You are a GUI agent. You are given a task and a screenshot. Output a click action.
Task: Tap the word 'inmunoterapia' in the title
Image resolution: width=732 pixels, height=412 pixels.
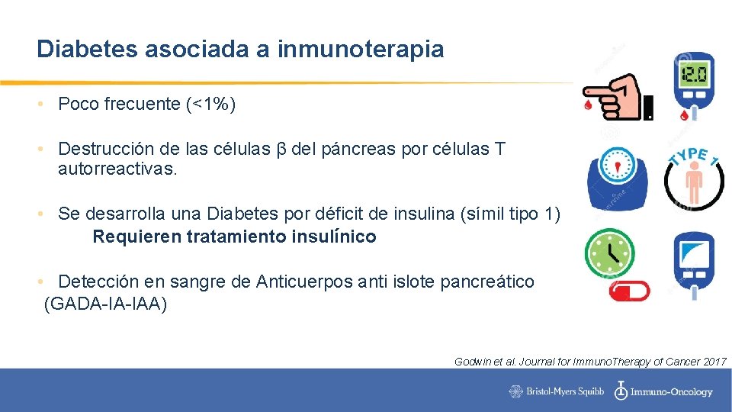[361, 50]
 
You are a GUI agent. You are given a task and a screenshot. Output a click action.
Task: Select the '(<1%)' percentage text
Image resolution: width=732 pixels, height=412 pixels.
[210, 105]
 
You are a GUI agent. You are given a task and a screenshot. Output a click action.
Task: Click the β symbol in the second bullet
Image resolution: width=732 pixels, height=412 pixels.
[281, 149]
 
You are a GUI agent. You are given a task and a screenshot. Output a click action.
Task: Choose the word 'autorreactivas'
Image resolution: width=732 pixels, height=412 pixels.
[116, 169]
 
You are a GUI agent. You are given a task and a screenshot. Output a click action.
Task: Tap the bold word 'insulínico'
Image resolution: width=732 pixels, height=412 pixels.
[333, 237]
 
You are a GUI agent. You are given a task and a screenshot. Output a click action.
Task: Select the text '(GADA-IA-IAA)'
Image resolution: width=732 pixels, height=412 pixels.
[106, 304]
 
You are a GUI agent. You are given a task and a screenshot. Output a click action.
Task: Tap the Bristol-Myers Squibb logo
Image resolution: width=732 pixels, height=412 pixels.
[557, 391]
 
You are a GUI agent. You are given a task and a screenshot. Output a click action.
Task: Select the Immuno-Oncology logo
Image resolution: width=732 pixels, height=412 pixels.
[663, 391]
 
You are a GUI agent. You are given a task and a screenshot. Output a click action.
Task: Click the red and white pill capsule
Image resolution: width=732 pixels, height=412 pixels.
[627, 291]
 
